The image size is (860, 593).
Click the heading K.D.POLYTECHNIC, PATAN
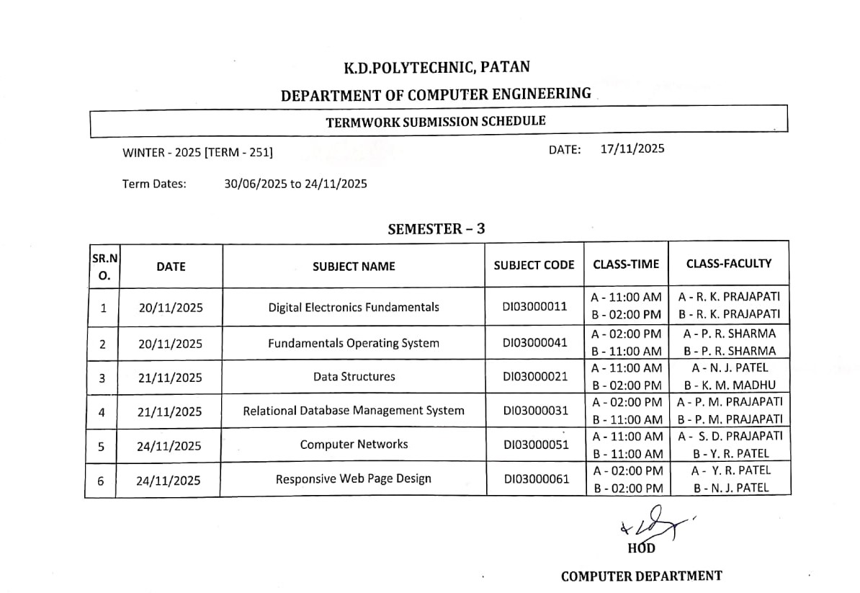(436, 68)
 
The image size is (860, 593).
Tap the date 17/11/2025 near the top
(632, 149)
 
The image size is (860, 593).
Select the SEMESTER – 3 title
(436, 229)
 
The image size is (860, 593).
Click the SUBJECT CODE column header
(534, 265)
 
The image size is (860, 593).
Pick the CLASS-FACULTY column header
(728, 264)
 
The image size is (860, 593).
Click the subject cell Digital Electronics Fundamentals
(354, 307)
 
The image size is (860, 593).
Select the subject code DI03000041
(535, 342)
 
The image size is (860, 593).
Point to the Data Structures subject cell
(354, 376)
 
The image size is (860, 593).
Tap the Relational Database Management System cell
(354, 411)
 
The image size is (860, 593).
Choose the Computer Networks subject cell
(354, 445)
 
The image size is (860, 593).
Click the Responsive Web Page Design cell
(354, 478)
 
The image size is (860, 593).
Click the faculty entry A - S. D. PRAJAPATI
(729, 436)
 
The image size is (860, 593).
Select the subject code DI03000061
(537, 478)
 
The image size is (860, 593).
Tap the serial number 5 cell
(101, 446)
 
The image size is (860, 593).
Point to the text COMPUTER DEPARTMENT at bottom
(641, 576)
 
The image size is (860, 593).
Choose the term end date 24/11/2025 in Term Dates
(336, 184)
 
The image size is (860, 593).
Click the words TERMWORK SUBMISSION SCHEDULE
(436, 121)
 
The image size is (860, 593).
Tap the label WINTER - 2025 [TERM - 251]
(197, 152)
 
